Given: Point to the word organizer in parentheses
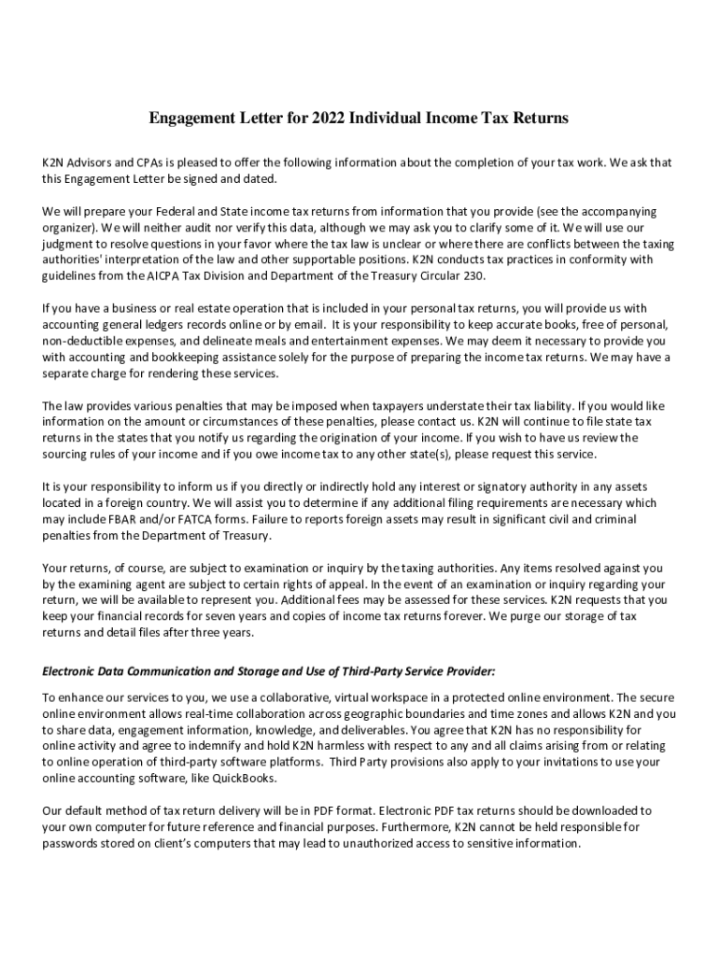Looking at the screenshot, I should [x=70, y=228].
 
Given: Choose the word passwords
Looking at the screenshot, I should [x=72, y=843].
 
